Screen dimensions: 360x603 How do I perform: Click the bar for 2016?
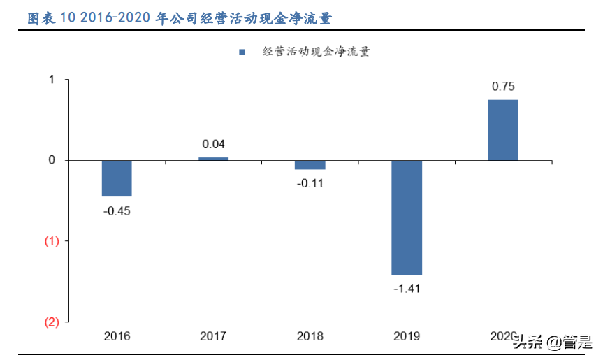click(x=117, y=178)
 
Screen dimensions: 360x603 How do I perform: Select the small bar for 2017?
click(x=213, y=159)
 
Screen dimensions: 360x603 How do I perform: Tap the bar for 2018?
click(x=310, y=165)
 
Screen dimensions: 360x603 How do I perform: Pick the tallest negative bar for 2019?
click(x=406, y=217)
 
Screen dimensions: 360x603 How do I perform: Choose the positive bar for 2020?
click(x=503, y=130)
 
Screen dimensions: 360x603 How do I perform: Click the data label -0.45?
click(x=117, y=211)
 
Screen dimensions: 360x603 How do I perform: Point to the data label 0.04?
click(x=213, y=145)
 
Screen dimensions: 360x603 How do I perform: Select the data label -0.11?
click(x=310, y=184)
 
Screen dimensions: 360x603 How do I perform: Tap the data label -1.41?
click(x=406, y=289)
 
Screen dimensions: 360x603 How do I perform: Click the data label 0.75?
click(x=503, y=87)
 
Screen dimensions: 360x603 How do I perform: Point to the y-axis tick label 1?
click(x=51, y=80)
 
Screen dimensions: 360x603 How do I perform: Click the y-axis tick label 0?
click(x=51, y=161)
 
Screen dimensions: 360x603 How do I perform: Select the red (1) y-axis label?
click(x=52, y=241)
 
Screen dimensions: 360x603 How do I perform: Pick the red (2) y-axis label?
click(x=52, y=322)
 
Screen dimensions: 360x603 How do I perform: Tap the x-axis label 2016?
click(x=117, y=336)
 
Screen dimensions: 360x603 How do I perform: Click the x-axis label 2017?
click(x=213, y=336)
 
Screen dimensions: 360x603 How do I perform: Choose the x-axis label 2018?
click(x=310, y=336)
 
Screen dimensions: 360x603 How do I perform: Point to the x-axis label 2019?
click(x=406, y=336)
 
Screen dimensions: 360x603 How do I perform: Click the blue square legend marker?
click(x=242, y=52)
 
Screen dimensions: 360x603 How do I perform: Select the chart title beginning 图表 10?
click(x=179, y=19)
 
